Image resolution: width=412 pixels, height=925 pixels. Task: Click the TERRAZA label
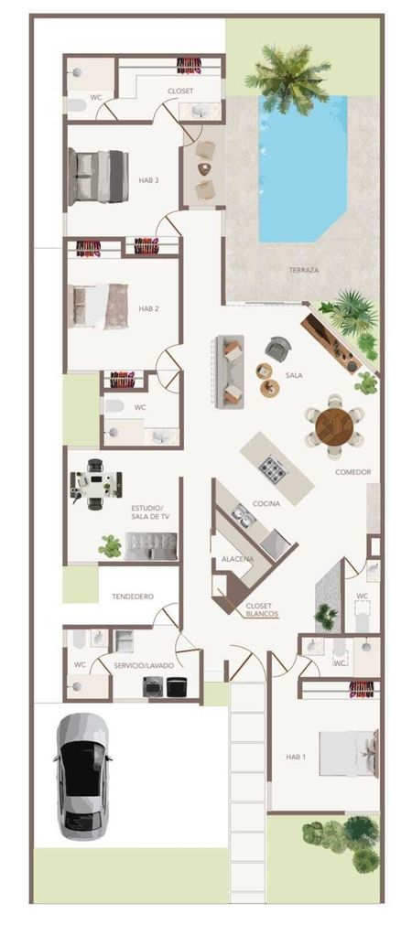click(x=304, y=270)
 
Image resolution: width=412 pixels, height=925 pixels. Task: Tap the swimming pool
click(x=301, y=169)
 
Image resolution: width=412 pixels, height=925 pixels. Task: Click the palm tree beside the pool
click(x=288, y=76)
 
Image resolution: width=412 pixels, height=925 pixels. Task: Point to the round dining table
click(x=333, y=425)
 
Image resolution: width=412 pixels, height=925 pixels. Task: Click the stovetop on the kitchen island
click(x=274, y=469)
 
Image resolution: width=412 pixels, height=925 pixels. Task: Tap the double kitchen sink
click(x=244, y=516)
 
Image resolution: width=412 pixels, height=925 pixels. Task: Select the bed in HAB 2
click(x=98, y=307)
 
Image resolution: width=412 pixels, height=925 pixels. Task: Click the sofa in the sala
click(x=230, y=371)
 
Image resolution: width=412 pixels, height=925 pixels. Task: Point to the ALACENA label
click(x=237, y=559)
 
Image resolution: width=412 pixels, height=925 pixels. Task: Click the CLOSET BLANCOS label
click(x=259, y=609)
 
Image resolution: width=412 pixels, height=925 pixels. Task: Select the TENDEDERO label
click(x=133, y=597)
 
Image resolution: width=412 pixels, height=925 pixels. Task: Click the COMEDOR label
click(x=353, y=472)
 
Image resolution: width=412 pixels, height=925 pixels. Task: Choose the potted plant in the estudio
click(x=111, y=546)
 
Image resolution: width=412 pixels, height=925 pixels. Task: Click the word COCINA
click(x=266, y=504)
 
